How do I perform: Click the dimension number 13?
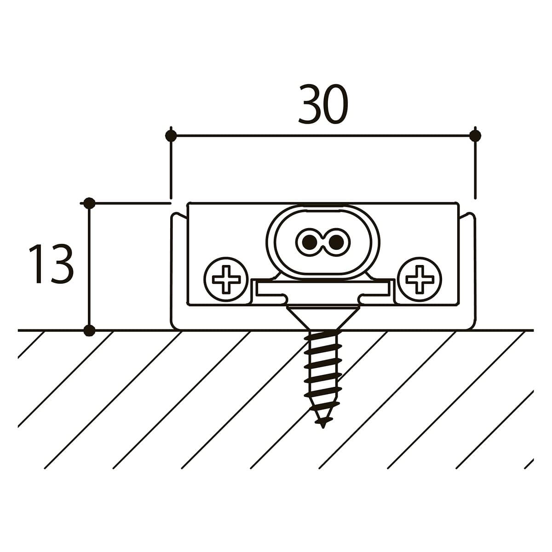coord(52,264)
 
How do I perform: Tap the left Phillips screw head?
coord(226,279)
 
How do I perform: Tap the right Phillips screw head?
coord(420,279)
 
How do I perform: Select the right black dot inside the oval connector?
coord(336,242)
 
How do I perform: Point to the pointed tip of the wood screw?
coord(323,427)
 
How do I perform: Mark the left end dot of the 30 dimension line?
coord(171,136)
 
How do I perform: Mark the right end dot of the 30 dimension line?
coord(475,136)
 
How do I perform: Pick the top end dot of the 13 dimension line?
coord(89,203)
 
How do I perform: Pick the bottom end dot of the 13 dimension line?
coord(89,330)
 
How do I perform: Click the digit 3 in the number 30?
coord(310,104)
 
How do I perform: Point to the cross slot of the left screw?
coord(226,279)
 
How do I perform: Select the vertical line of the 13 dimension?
coord(89,267)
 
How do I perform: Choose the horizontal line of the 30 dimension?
coord(323,136)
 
